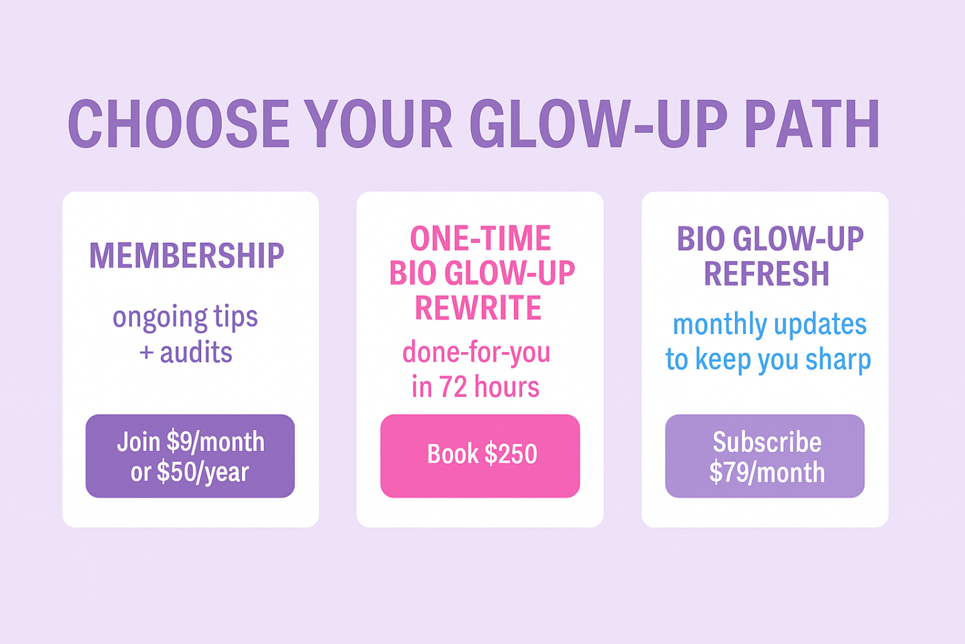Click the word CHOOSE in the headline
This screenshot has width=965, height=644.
click(178, 124)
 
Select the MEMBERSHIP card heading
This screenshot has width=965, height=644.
click(186, 256)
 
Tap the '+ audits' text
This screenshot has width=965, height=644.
click(186, 352)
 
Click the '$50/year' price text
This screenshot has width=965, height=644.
click(203, 472)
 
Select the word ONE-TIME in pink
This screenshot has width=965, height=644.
click(480, 238)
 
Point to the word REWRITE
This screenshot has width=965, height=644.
click(478, 307)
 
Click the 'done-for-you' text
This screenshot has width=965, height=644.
click(476, 352)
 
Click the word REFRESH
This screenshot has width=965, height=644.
click(767, 273)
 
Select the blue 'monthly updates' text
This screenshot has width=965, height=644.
click(769, 325)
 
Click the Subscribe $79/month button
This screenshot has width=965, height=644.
click(765, 456)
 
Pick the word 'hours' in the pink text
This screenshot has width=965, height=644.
click(507, 386)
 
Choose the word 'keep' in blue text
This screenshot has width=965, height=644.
click(723, 360)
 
